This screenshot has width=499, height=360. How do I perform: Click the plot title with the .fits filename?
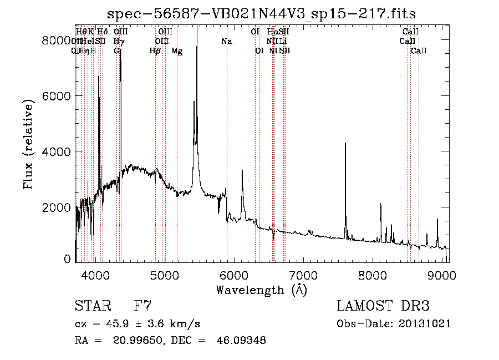tap(261, 13)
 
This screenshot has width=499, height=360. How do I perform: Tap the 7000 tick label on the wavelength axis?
tap(304, 275)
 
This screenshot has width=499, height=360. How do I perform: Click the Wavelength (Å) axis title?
tap(261, 290)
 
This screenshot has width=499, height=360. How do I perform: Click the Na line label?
tap(226, 41)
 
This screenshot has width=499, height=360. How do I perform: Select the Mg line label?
tap(177, 51)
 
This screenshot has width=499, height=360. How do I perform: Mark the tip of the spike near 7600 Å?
tap(345, 143)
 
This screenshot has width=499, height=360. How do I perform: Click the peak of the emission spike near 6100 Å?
tap(242, 170)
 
